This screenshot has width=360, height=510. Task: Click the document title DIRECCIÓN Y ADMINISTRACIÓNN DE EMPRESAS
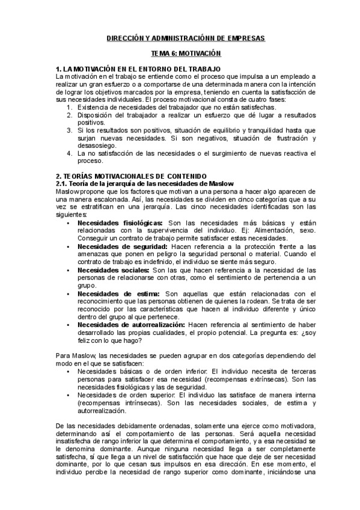coord(181,37)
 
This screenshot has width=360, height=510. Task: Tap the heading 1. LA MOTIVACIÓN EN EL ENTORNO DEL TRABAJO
coord(138,69)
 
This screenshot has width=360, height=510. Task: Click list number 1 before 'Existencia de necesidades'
coord(69,106)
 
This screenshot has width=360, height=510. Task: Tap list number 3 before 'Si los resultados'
coord(69,129)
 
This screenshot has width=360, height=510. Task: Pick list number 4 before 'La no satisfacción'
coord(69,153)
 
